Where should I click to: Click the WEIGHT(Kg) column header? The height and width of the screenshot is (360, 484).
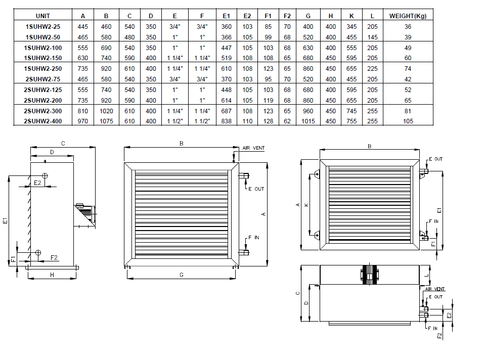tap(408, 16)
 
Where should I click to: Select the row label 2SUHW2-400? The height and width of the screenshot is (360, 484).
tap(43, 121)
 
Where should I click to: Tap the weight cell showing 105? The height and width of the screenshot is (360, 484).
tap(408, 121)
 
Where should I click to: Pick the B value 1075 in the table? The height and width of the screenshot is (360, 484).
tap(106, 121)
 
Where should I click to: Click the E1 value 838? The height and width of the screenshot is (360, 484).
tap(226, 121)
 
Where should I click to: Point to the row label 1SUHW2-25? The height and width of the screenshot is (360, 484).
tap(43, 27)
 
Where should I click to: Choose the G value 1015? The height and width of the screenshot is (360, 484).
tap(308, 121)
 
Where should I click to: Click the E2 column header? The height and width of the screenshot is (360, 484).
tap(247, 16)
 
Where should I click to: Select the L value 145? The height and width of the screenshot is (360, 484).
tap(372, 37)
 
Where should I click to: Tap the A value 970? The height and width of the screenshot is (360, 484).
tap(83, 121)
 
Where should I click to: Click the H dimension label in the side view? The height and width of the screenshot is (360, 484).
tap(52, 275)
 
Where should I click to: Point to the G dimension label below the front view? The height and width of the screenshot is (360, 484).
tap(182, 275)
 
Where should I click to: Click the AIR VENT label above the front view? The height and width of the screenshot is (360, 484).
tap(253, 148)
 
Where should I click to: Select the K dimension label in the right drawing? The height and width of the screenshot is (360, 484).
tap(306, 205)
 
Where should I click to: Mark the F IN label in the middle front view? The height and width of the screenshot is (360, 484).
tap(254, 238)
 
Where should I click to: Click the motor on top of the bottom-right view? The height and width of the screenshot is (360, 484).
tap(370, 274)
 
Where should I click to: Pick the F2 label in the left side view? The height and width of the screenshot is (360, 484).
tap(54, 257)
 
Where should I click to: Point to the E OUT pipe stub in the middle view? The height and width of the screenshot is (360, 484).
tap(244, 176)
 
